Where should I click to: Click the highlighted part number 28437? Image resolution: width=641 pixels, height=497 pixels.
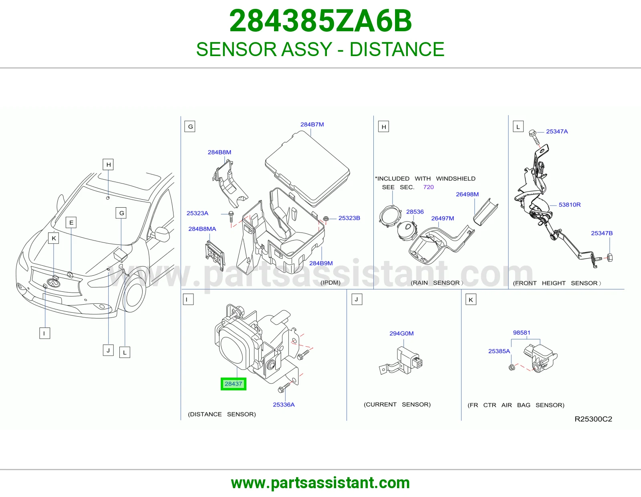[x=233, y=384]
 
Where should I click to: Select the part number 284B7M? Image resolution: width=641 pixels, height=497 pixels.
[x=312, y=125]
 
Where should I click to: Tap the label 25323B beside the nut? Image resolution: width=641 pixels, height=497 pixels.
[x=349, y=218]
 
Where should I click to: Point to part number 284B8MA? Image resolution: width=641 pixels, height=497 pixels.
[x=202, y=229]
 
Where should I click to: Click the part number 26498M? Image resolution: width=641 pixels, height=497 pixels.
[x=467, y=194]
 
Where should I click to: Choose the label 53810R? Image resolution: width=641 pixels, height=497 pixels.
[x=570, y=204]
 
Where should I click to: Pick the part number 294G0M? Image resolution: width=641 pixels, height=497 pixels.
[x=401, y=333]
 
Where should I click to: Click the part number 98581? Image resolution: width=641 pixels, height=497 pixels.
[x=522, y=333]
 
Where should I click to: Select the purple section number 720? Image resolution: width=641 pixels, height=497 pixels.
[x=428, y=187]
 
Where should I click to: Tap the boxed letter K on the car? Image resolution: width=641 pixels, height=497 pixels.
[x=54, y=238]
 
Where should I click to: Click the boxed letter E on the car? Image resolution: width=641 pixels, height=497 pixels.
[x=71, y=222]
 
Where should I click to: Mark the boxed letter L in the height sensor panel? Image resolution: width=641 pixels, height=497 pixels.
[x=518, y=127]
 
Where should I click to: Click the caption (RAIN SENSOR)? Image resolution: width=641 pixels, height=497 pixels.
[x=437, y=283]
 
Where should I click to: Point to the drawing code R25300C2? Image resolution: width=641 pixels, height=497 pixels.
[x=593, y=419]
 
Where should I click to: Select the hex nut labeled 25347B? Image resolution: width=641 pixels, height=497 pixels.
[x=610, y=258]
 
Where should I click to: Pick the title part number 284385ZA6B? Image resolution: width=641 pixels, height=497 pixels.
[x=320, y=21]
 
